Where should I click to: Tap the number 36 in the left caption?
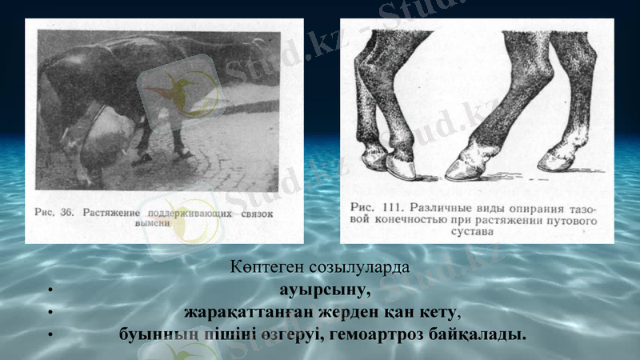66,214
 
